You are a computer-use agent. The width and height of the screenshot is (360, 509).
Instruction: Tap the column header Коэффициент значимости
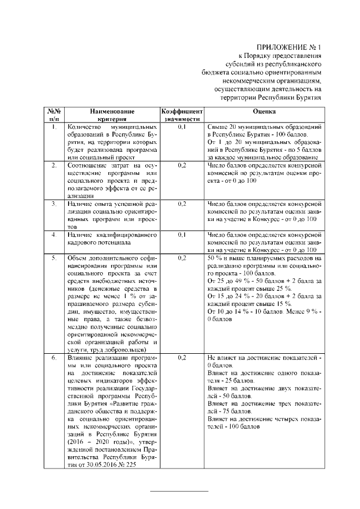tap(181, 115)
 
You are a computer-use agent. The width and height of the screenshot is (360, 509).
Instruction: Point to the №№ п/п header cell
tap(54, 115)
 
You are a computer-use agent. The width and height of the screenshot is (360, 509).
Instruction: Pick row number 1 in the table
tap(54, 128)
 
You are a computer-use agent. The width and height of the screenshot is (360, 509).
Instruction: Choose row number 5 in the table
tap(54, 257)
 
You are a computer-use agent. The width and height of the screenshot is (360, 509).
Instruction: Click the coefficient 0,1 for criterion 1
tap(181, 128)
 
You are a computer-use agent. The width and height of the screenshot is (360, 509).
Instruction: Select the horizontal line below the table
tap(178, 492)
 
